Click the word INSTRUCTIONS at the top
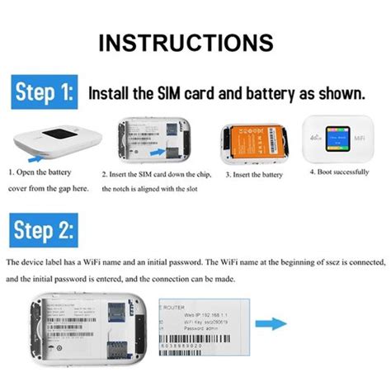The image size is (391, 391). click(x=195, y=43)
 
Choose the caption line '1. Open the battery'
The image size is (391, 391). click(x=40, y=172)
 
